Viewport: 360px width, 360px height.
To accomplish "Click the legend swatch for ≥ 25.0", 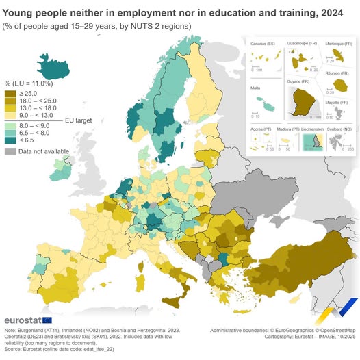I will coord(10,92).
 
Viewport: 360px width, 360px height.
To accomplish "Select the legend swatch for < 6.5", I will coord(10,140).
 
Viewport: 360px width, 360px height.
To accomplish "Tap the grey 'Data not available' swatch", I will coord(10,151).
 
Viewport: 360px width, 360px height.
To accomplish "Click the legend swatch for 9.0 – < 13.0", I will coord(10,116).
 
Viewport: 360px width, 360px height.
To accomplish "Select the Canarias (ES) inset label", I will coord(263,44).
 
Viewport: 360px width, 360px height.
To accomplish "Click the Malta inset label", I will coord(257,89).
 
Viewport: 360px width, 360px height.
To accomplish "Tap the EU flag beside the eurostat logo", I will coord(47,320).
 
